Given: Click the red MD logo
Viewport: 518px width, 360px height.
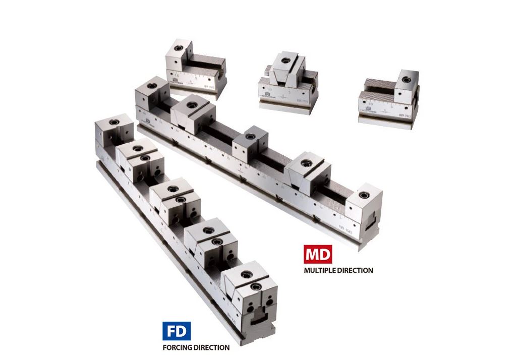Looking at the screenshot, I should click(x=318, y=254).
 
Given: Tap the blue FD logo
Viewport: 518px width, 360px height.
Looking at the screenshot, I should click(x=176, y=332).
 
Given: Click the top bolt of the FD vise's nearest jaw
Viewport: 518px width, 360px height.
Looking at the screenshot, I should click(x=247, y=274).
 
